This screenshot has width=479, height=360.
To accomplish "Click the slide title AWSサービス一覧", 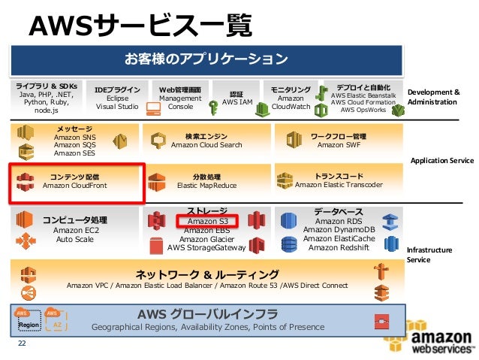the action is tap(140, 25).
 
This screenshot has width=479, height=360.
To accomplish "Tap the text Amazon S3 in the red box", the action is tap(207, 221).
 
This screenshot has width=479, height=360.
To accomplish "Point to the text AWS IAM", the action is tap(236, 103).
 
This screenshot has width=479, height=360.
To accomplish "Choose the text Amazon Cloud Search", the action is tap(206, 145).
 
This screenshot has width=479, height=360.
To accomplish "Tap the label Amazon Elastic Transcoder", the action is tap(339, 184).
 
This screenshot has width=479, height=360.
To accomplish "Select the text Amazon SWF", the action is tap(339, 145).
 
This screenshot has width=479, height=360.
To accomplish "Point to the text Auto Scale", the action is tap(75, 240).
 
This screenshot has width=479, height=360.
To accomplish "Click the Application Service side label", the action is tap(441, 161).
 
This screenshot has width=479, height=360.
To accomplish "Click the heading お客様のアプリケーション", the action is tap(206, 58).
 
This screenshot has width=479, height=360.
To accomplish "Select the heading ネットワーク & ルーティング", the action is tap(206, 274).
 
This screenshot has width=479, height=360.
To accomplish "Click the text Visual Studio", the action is tap(117, 107).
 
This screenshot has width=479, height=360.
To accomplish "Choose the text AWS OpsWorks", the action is tap(363, 110).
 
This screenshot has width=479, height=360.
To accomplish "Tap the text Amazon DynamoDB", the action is tap(339, 230).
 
